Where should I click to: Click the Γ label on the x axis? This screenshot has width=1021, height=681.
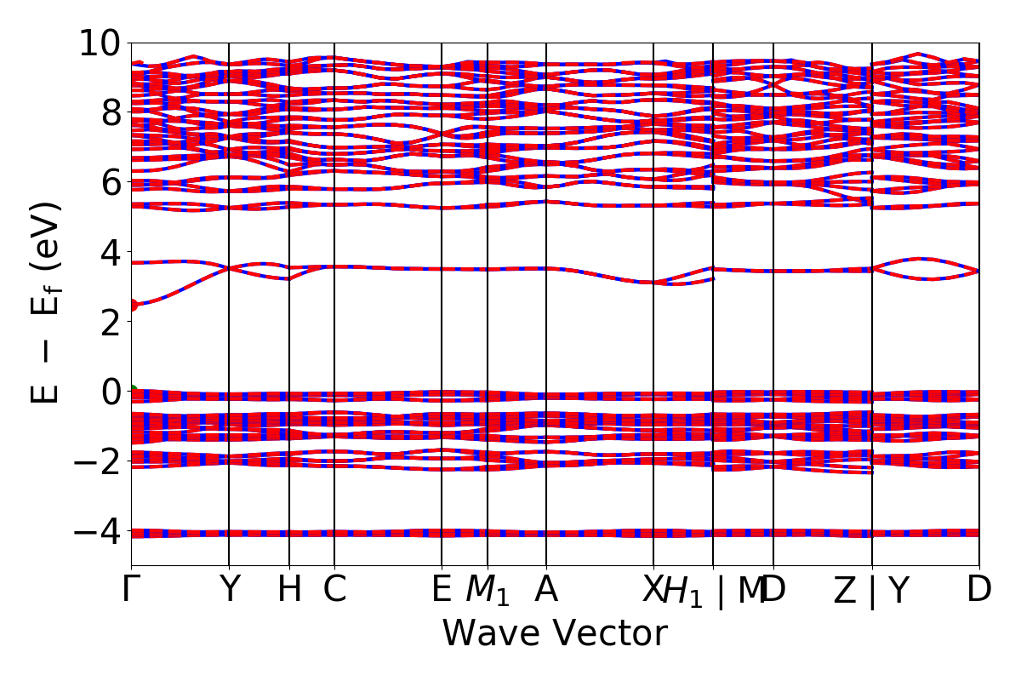(131, 590)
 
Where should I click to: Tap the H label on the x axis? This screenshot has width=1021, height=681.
(289, 590)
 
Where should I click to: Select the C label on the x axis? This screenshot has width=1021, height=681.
(334, 590)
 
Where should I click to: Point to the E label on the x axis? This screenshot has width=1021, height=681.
(442, 590)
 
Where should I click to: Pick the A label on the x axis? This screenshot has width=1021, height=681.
(545, 590)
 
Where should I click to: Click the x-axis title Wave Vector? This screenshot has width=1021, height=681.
(555, 634)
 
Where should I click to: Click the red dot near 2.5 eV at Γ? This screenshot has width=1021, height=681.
(132, 305)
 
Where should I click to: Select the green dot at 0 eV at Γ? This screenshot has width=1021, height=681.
(132, 392)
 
